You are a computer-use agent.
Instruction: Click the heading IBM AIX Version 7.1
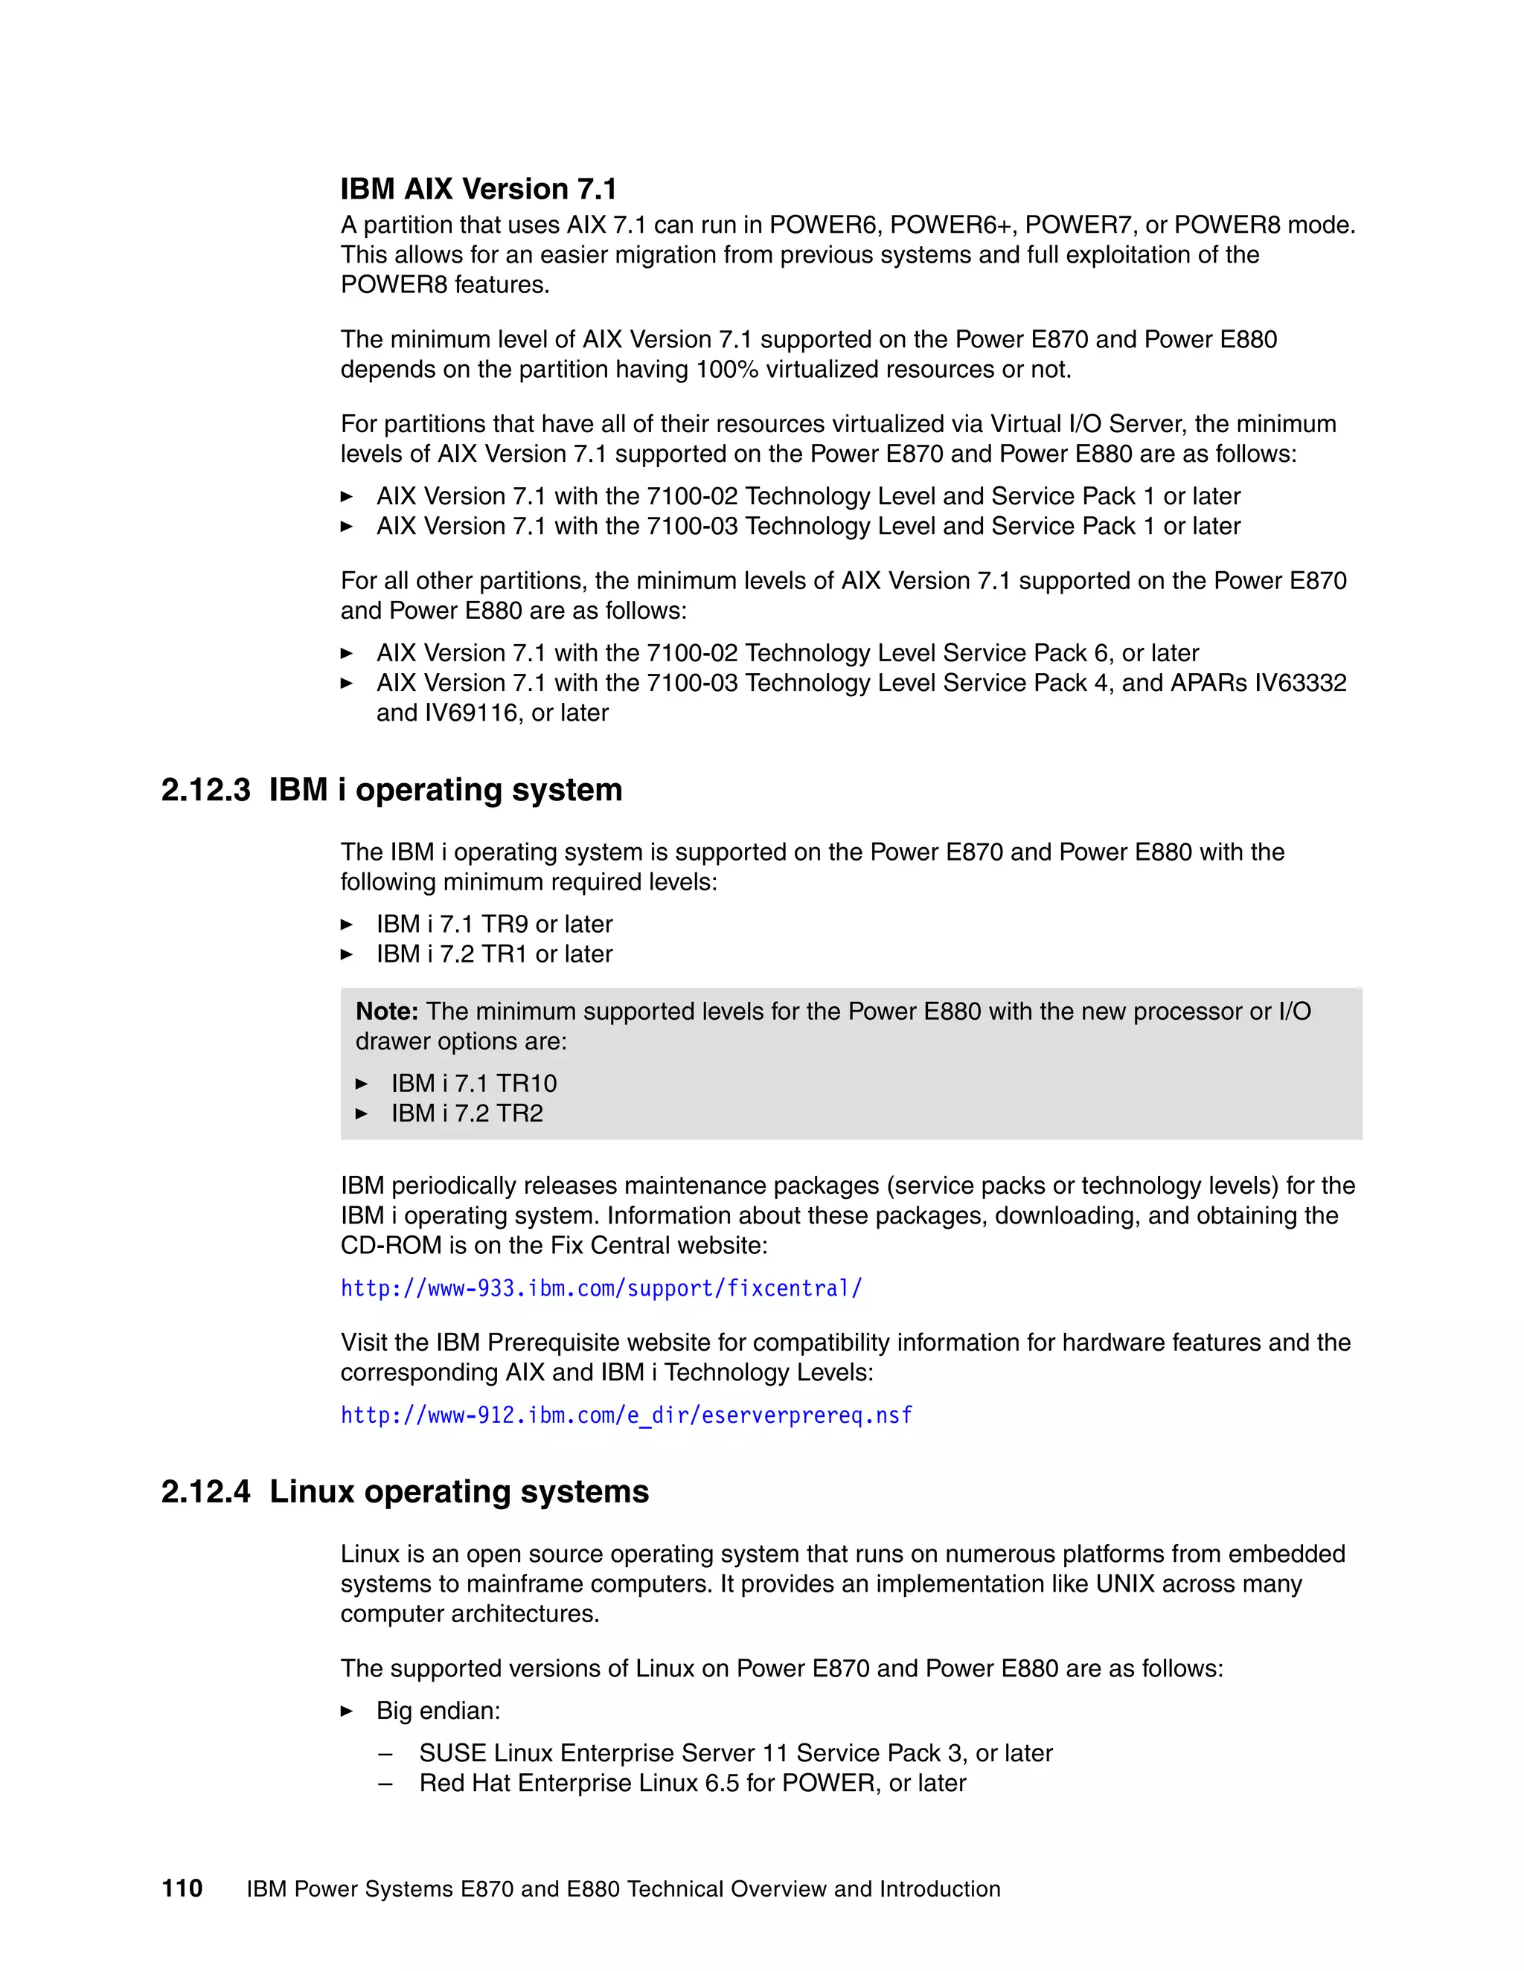[x=478, y=189]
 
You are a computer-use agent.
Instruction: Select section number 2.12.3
[x=206, y=790]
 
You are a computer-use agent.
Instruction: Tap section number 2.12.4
[x=206, y=1492]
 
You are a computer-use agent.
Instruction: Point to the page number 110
[x=182, y=1889]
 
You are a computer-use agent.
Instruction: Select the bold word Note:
[x=386, y=1011]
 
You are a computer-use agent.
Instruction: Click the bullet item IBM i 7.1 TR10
[x=474, y=1083]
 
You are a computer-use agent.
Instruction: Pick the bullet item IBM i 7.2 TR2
[x=467, y=1113]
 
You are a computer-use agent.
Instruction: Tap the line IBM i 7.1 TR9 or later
[x=494, y=924]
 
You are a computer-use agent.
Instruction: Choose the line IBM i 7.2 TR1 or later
[x=494, y=954]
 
